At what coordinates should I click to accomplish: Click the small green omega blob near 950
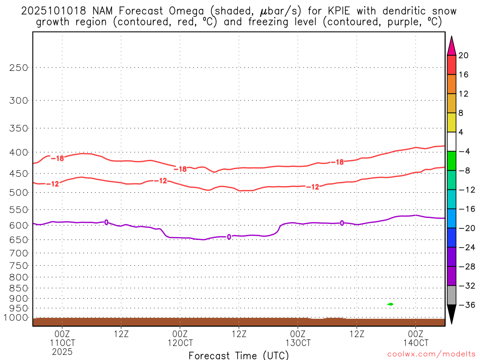(390, 304)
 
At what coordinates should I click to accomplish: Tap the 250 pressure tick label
(19, 67)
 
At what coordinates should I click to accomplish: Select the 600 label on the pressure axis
(19, 225)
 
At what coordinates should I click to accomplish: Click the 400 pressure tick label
(19, 152)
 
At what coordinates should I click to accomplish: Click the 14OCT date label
(416, 342)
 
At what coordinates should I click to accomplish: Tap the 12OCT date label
(180, 342)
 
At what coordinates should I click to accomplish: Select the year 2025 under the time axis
(62, 350)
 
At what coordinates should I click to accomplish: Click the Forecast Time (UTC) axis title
(239, 355)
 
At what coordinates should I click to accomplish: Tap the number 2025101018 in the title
(53, 10)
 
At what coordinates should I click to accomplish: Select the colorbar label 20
(464, 55)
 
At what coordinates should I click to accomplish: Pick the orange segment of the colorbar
(451, 84)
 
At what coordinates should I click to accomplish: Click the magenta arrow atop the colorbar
(451, 46)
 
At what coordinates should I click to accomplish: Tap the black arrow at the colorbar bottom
(451, 314)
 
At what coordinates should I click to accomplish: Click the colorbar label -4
(465, 151)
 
